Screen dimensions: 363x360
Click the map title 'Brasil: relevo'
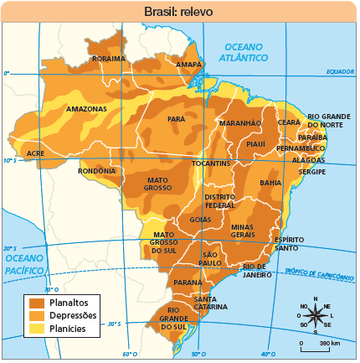(180, 11)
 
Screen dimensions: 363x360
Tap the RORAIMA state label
(108, 59)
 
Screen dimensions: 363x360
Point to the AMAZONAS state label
(86, 109)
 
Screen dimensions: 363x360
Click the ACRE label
(35, 153)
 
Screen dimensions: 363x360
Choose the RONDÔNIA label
(96, 170)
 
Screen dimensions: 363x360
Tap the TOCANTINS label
(211, 163)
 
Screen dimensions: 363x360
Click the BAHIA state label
(270, 182)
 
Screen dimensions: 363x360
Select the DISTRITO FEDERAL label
(220, 200)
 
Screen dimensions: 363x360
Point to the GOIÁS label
(200, 220)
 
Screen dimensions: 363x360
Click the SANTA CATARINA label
(210, 303)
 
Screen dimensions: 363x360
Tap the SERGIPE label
(313, 171)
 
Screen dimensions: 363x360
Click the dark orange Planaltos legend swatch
(37, 302)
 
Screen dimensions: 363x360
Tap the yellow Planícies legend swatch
(37, 329)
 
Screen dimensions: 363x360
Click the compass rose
(315, 315)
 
